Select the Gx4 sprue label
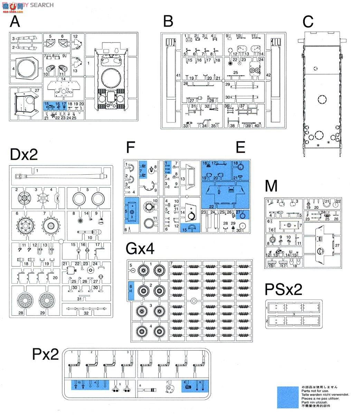(140, 248)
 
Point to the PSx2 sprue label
(284, 289)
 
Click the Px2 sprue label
(46, 354)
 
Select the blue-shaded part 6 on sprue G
(131, 289)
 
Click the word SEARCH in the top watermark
(42, 5)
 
